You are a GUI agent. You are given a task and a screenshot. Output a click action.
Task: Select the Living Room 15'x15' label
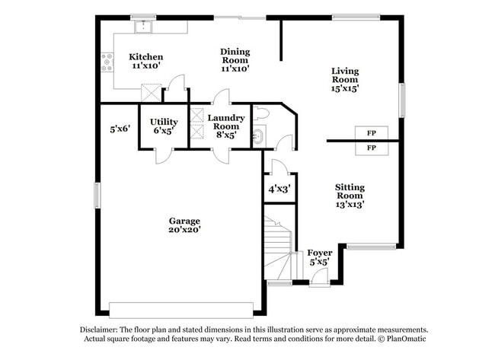tap(344, 79)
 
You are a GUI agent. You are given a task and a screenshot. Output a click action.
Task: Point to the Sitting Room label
tap(350, 196)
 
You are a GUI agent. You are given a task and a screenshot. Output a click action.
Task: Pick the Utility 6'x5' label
tap(164, 126)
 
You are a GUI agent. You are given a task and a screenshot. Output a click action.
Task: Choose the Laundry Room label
tap(226, 126)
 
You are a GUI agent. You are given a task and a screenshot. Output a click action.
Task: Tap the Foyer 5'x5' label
tap(319, 257)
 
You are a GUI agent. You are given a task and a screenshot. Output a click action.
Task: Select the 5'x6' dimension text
tap(120, 129)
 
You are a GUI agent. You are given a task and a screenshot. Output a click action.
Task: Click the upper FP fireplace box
tap(372, 132)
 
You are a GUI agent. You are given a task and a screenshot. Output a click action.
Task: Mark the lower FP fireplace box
tap(372, 148)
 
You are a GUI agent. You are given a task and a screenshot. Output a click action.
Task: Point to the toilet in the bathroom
tap(260, 114)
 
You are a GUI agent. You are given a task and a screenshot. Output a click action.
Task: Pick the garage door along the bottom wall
tap(181, 309)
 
